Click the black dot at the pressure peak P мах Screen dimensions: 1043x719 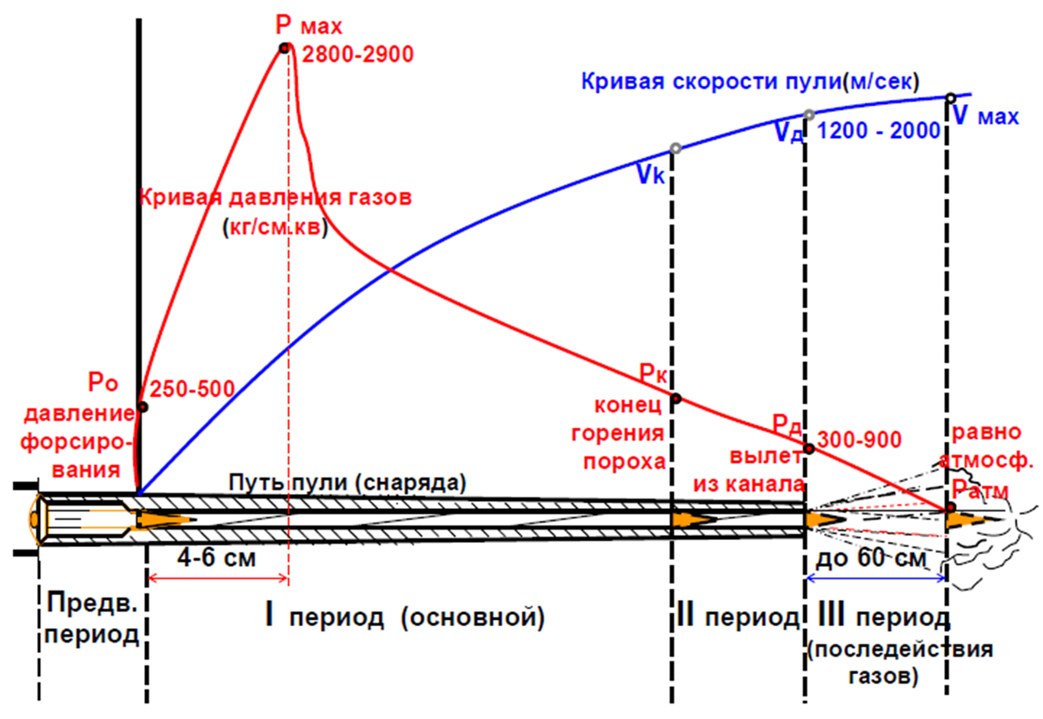pos(283,48)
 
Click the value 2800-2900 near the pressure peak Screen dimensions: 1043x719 pos(358,55)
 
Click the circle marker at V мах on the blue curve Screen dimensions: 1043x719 pos(950,97)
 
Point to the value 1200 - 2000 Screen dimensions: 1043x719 pos(880,131)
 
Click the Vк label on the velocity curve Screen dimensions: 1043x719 pos(653,174)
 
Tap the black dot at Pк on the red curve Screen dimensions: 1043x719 pos(675,399)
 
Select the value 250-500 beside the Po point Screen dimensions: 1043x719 pos(190,388)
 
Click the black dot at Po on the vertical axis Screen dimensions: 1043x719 pos(143,406)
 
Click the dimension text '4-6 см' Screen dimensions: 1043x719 pos(219,557)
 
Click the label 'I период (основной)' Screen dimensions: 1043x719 pos(404,617)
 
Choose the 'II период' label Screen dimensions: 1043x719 pos(736,617)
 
